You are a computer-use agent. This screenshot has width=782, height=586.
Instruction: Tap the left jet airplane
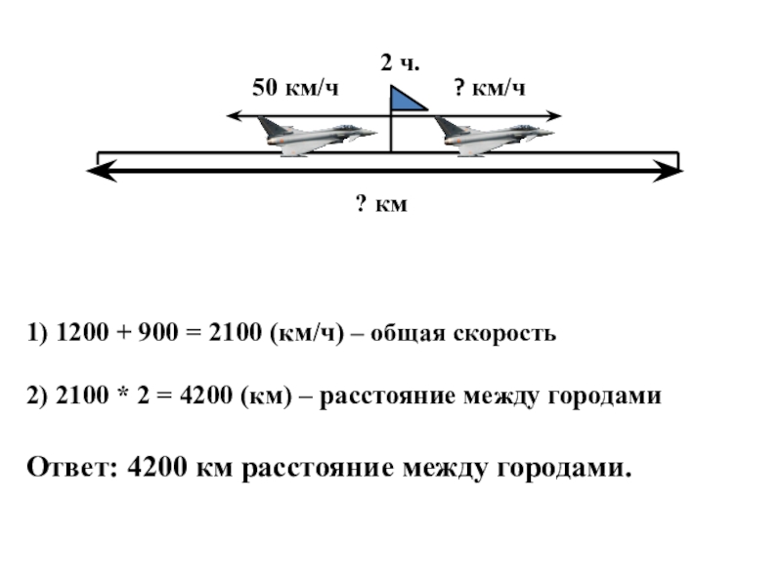tap(314, 135)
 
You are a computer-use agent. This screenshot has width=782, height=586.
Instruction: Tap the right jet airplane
tap(491, 135)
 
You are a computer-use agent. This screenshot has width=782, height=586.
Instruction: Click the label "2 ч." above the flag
tap(400, 64)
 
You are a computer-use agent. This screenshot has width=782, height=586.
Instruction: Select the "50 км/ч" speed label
tap(296, 89)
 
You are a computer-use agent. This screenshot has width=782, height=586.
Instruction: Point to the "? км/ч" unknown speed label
tap(490, 89)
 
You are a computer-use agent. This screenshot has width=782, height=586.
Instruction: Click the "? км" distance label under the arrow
tap(380, 204)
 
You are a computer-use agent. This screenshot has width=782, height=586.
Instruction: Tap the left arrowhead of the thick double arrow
tap(98, 173)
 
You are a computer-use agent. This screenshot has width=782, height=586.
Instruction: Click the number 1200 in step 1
tap(79, 334)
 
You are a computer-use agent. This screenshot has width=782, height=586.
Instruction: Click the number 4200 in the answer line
tap(158, 468)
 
